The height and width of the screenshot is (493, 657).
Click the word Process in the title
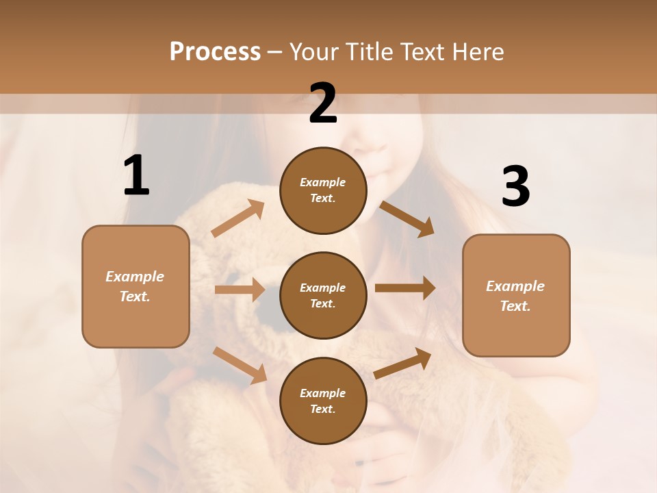point(215,52)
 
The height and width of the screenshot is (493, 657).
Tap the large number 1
point(136,175)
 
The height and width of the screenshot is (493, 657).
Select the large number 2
point(323,103)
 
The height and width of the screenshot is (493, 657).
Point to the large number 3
point(515,186)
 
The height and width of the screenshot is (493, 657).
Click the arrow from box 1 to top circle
point(238,218)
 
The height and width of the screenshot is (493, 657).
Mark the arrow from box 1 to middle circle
point(239,290)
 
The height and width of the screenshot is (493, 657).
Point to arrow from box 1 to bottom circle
point(240,364)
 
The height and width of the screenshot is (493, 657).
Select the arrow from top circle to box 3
point(407,218)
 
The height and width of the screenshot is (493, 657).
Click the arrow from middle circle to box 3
point(405,288)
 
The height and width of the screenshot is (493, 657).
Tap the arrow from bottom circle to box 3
point(402,363)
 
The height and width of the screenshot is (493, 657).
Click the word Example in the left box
point(135,277)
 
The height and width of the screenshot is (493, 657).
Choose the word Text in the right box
point(514,306)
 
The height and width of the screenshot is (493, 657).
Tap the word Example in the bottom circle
point(322,393)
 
